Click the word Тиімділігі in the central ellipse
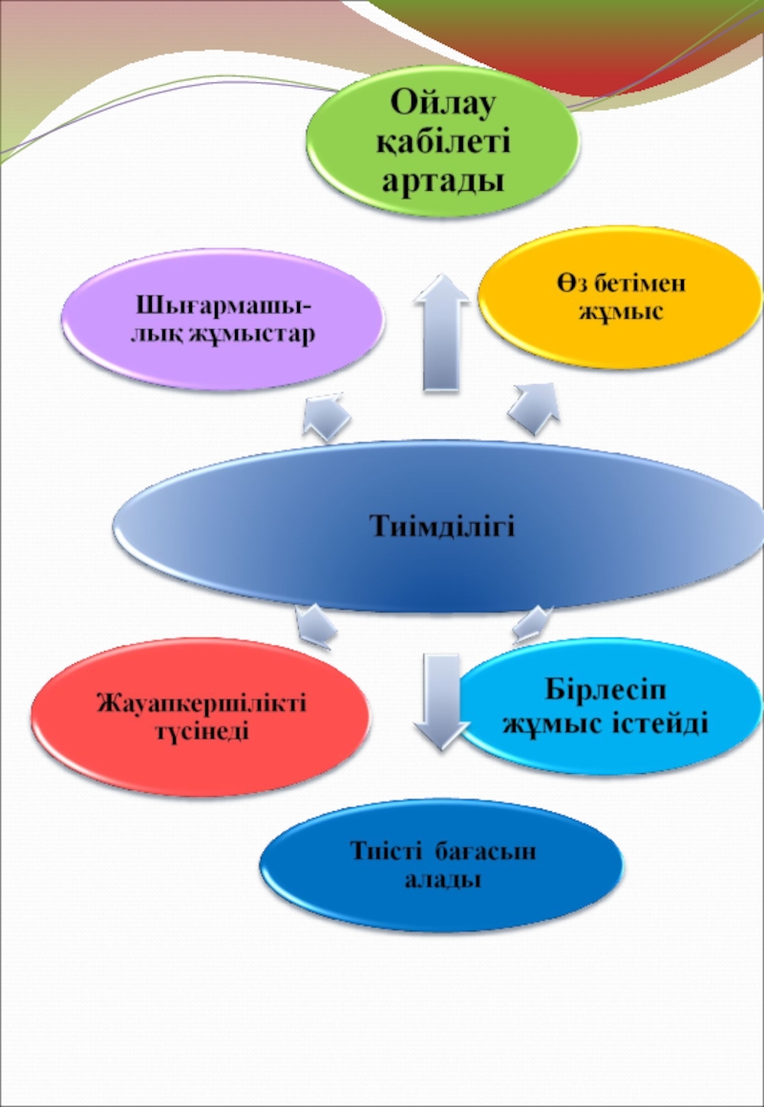point(441,526)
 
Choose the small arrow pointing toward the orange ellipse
point(535,405)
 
